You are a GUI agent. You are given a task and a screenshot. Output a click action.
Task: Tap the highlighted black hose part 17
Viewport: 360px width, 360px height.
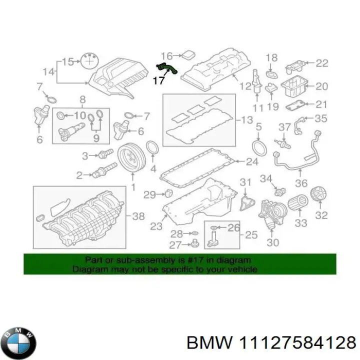(x=167, y=67)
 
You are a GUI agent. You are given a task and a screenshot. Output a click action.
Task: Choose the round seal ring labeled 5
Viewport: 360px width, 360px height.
(x=258, y=148)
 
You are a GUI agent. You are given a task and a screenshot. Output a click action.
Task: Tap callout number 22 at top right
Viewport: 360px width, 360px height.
(x=322, y=62)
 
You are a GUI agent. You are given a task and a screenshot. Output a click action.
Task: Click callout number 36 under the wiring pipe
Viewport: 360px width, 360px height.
(x=301, y=183)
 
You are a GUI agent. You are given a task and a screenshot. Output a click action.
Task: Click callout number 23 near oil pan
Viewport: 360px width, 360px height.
(x=156, y=226)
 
